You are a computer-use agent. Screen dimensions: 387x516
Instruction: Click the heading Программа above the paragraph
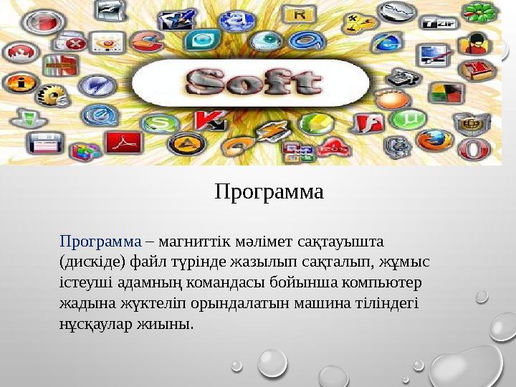269,193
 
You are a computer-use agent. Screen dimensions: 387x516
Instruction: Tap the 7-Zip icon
439,23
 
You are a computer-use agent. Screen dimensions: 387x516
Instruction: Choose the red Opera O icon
473,148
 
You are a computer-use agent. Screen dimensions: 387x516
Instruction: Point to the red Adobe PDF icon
124,142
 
